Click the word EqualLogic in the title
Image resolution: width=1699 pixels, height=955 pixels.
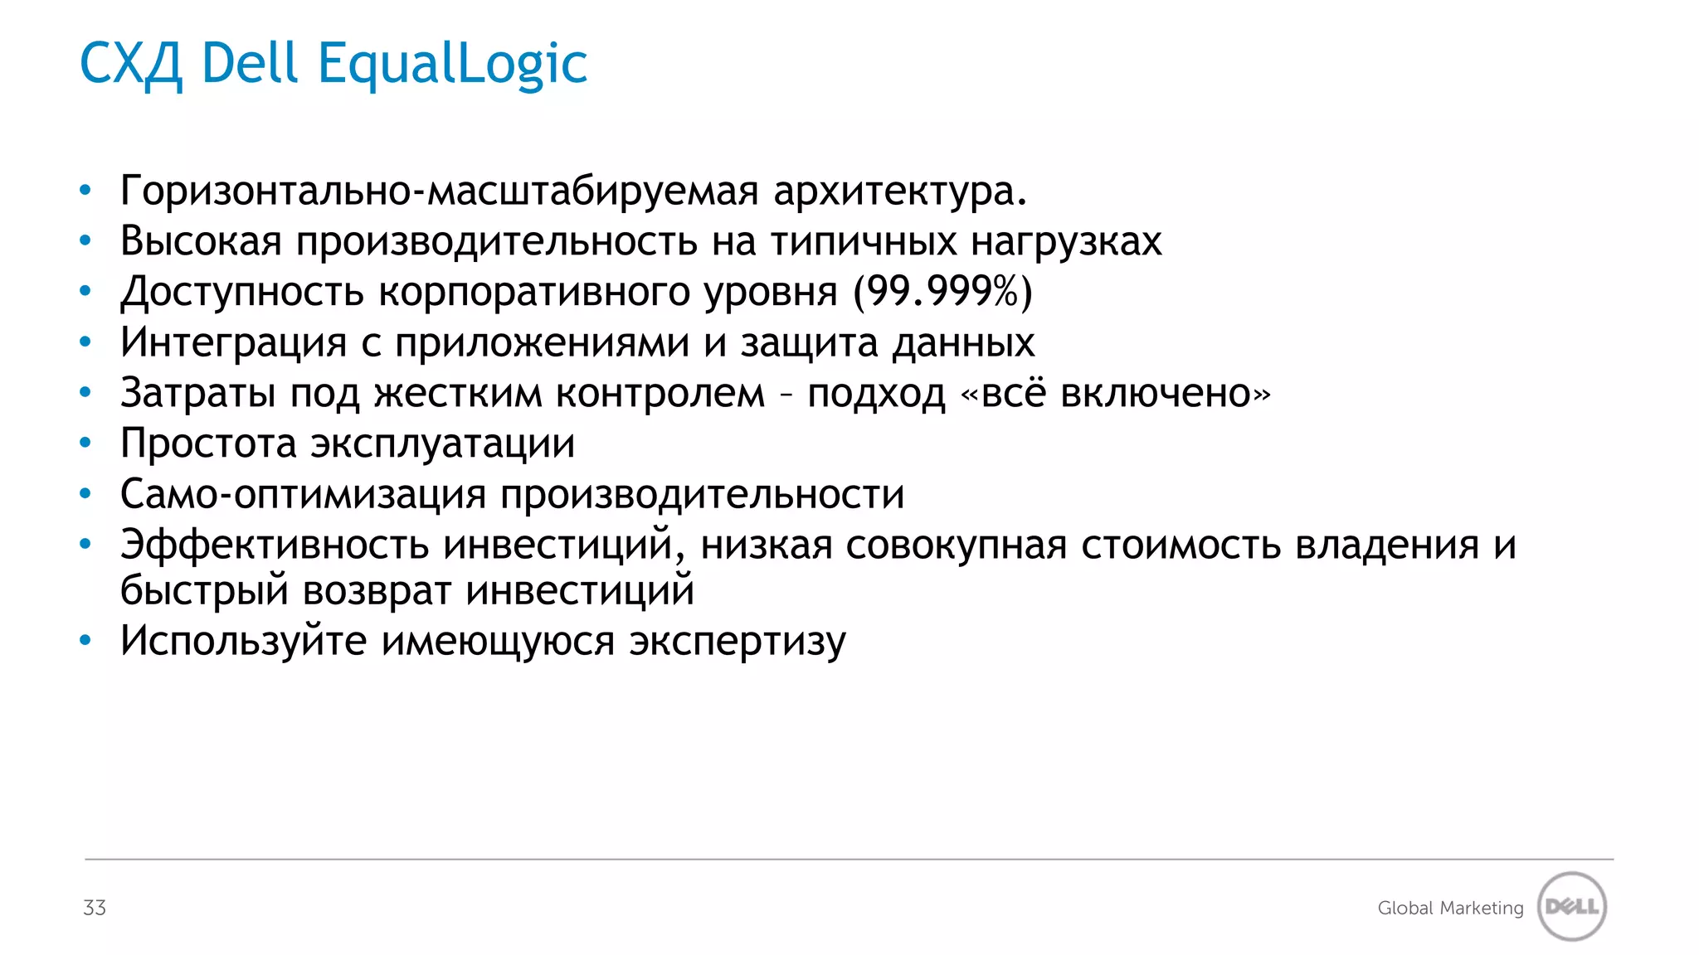point(452,65)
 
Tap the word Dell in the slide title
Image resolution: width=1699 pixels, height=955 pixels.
point(249,63)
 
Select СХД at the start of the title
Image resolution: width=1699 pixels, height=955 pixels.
point(130,65)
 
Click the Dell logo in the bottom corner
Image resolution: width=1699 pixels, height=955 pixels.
point(1572,906)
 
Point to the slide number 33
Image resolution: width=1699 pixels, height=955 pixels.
point(95,908)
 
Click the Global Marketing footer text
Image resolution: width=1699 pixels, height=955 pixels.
point(1450,908)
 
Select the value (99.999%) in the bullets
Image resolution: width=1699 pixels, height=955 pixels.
point(942,292)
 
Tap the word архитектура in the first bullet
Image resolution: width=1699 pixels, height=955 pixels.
point(900,191)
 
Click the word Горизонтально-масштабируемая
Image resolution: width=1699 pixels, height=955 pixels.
point(439,191)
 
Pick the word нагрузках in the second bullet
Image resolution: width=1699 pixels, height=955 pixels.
point(1066,242)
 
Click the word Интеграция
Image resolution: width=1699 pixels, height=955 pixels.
point(233,343)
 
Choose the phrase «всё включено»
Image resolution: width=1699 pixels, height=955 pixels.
point(1115,393)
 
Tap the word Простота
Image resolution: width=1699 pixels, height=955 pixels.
point(208,444)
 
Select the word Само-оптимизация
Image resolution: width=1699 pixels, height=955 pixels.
point(303,495)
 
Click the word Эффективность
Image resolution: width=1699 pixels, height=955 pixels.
point(274,545)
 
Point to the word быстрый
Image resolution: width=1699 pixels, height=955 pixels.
point(204,591)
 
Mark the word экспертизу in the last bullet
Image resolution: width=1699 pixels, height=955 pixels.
point(738,642)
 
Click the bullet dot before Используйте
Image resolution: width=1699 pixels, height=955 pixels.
point(85,640)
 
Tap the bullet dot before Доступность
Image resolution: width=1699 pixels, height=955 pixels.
point(85,291)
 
